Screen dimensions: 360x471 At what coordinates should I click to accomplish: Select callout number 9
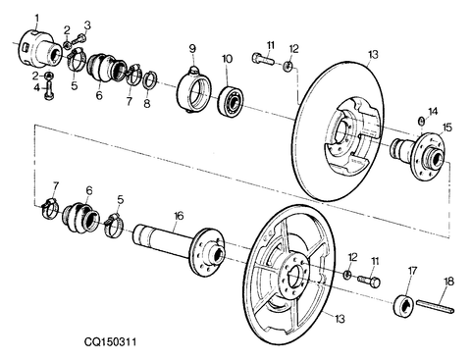[192, 48]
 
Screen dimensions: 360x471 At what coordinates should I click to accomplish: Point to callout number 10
[226, 59]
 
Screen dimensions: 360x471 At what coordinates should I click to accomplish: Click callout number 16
[178, 215]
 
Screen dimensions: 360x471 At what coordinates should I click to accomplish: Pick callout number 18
[447, 282]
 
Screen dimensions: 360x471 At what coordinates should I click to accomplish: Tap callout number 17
[412, 270]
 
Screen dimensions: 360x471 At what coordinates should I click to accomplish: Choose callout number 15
[445, 128]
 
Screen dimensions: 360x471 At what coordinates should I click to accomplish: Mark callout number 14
[433, 111]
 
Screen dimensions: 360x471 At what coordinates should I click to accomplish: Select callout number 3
[86, 25]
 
